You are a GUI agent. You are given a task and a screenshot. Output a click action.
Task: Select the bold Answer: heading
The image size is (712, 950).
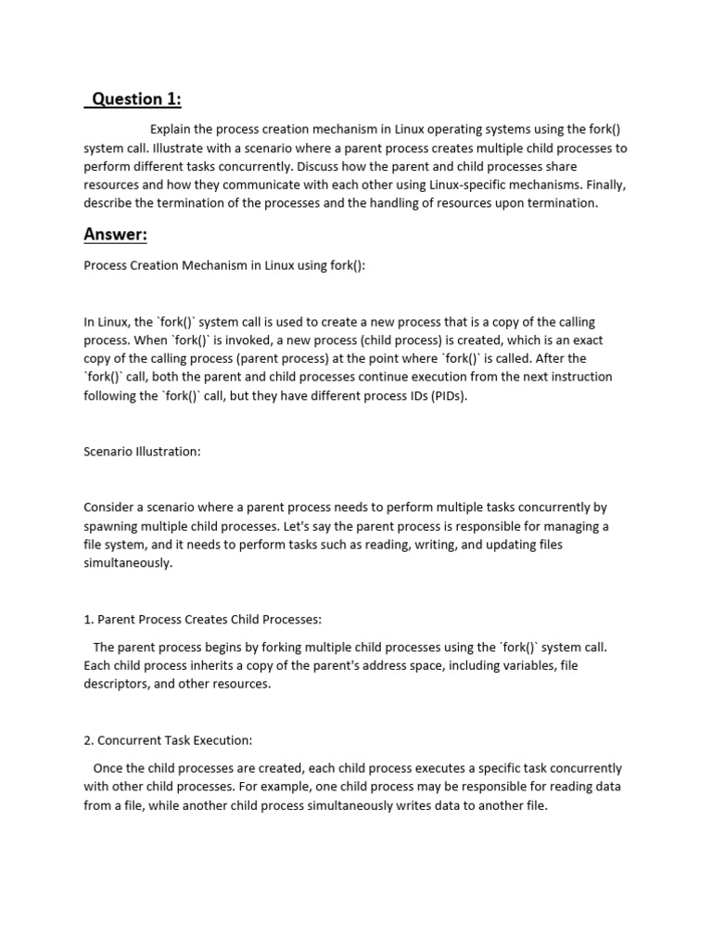115,235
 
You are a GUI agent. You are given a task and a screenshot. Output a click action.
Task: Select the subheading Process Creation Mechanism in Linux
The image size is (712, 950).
224,265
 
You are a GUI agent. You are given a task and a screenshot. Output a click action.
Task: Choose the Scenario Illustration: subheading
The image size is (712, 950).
142,452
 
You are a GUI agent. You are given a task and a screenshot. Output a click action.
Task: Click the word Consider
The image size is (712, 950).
111,507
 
